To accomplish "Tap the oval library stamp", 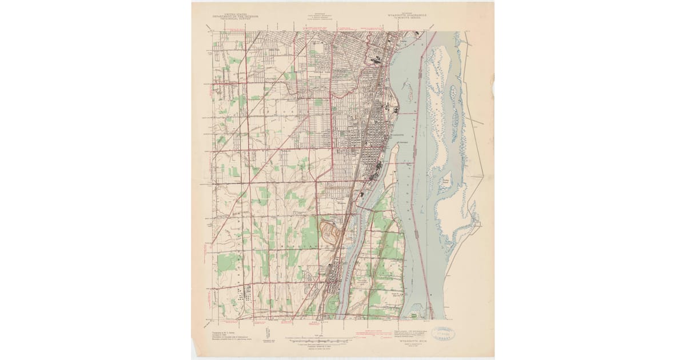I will coord(447,334).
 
